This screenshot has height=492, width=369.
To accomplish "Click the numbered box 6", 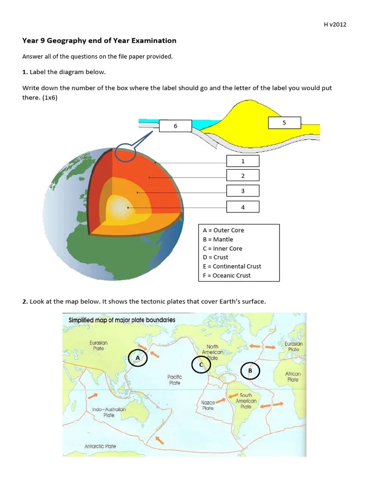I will tap(175, 126).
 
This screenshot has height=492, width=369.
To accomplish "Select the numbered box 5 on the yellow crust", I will tap(284, 123).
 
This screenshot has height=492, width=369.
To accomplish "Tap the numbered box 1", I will tap(243, 161).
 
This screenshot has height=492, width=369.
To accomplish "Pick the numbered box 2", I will tap(243, 176).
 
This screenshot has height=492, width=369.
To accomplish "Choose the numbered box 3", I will tap(243, 191).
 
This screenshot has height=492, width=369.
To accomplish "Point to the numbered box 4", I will tap(243, 207).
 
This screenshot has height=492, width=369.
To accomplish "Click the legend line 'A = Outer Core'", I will tap(223, 230).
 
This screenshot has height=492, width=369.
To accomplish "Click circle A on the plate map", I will tap(138, 358).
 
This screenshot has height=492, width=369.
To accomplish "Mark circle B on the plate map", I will tap(250, 371).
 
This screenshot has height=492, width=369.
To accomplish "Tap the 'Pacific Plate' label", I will tap(174, 380).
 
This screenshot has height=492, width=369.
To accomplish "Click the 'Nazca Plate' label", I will tap(208, 405).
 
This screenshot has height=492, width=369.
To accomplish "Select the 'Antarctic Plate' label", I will tap(100, 446).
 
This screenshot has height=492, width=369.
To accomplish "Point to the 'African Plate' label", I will tap(293, 377).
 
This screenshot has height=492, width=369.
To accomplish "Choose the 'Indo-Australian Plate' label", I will tap(109, 412).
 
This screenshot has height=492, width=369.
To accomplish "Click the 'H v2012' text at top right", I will tap(335, 25).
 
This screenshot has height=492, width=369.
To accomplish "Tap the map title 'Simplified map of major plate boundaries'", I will tap(122, 320).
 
